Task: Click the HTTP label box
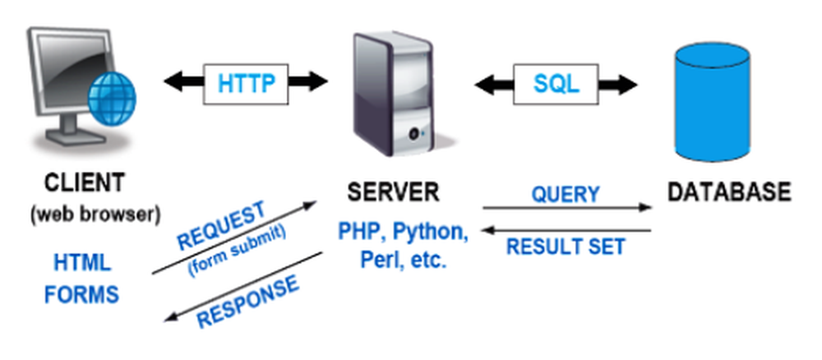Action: pos(246,83)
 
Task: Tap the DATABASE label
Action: pos(728,192)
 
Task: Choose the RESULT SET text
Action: pos(566,246)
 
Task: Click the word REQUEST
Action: pos(221,225)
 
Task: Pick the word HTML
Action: pos(82,263)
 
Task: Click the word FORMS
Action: pos(81,293)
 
